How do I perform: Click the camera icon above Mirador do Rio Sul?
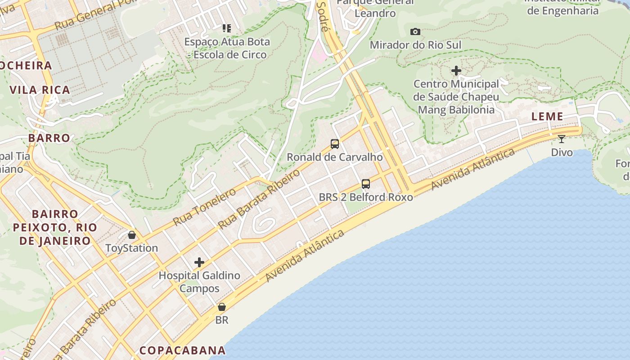(x=415, y=31)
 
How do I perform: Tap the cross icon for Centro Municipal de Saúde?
(x=456, y=71)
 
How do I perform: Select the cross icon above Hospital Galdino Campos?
(x=199, y=262)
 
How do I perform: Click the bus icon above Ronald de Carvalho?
(x=335, y=144)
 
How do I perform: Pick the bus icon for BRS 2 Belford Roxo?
(x=366, y=184)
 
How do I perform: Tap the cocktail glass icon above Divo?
(x=562, y=139)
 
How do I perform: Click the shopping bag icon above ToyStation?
(x=132, y=235)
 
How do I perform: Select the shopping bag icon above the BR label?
(x=222, y=307)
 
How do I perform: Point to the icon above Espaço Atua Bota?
(x=227, y=29)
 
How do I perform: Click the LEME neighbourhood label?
(x=547, y=117)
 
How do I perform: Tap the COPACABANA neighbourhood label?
(x=182, y=350)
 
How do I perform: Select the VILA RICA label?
(x=40, y=90)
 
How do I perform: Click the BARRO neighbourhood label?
(x=49, y=138)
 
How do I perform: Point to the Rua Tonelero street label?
(x=204, y=207)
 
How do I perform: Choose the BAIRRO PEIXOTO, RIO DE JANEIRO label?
(x=55, y=227)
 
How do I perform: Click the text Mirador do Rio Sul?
(x=416, y=45)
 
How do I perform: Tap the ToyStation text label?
(x=131, y=248)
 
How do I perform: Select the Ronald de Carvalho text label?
(x=335, y=157)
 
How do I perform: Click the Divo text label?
(x=562, y=152)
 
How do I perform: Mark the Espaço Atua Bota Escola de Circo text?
(x=227, y=48)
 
